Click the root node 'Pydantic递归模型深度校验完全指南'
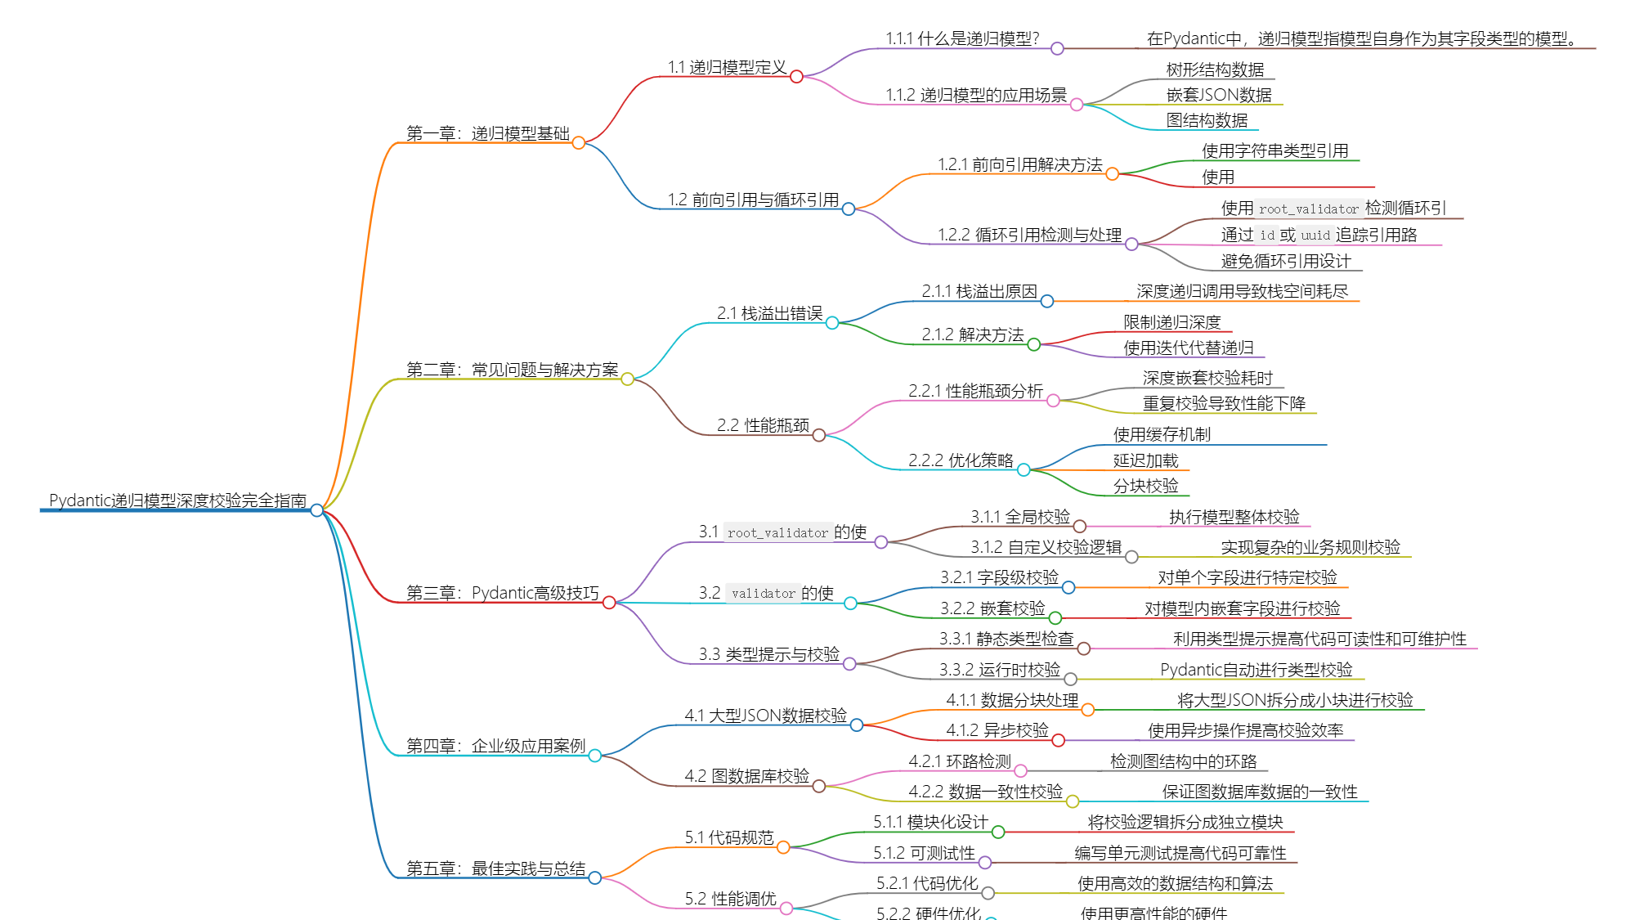(177, 500)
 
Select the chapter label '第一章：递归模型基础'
(487, 133)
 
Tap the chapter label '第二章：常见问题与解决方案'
(512, 370)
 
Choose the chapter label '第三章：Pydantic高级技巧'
(502, 593)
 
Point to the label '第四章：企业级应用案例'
(495, 746)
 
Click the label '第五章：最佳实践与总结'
(495, 868)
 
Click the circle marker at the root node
(317, 510)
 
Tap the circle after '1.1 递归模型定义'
(796, 77)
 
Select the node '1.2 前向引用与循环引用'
(753, 200)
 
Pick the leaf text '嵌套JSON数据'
(1219, 95)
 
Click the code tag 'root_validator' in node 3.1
(777, 533)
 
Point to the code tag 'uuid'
(1315, 236)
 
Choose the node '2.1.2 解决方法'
(972, 334)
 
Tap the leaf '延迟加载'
(1145, 460)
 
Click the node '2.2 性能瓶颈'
(763, 425)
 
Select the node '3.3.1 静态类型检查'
(1006, 639)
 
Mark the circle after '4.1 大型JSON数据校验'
(857, 725)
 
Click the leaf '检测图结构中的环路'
(1183, 761)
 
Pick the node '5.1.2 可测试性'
(924, 853)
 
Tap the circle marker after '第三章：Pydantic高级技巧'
(609, 603)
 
